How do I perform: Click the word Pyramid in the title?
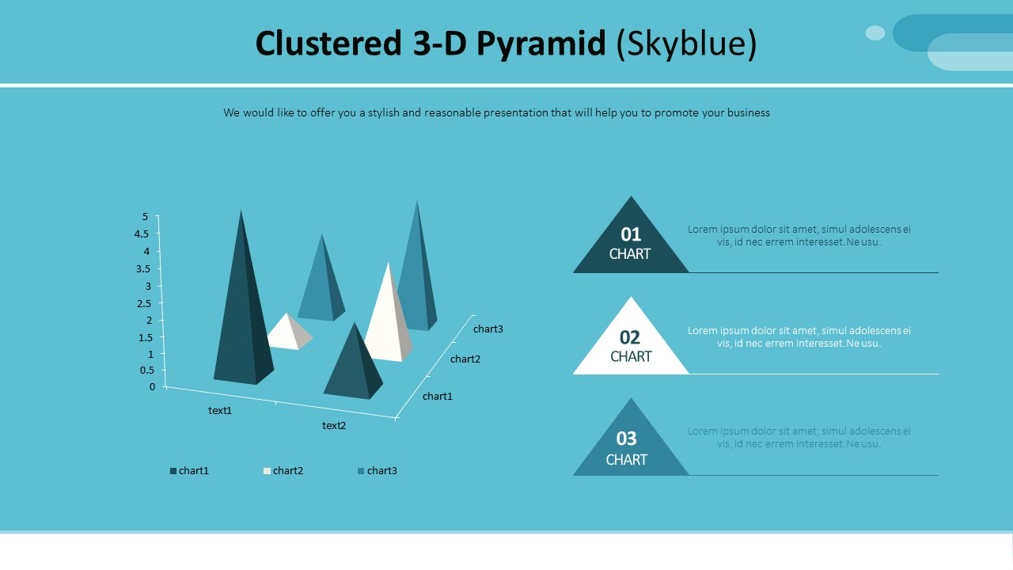coord(541,44)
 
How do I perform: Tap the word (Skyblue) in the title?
coord(686,44)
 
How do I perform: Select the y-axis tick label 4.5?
coord(142,234)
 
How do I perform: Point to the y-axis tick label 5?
coord(145,217)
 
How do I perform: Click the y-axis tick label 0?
coord(153,386)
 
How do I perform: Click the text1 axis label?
coord(220,411)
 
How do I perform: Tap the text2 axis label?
coord(334,426)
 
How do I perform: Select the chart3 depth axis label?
coord(488,329)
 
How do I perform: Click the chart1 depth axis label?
coord(438,397)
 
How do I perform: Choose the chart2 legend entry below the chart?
coord(283,471)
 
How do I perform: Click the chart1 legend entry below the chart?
coord(189,471)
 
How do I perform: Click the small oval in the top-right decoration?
coord(875,32)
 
